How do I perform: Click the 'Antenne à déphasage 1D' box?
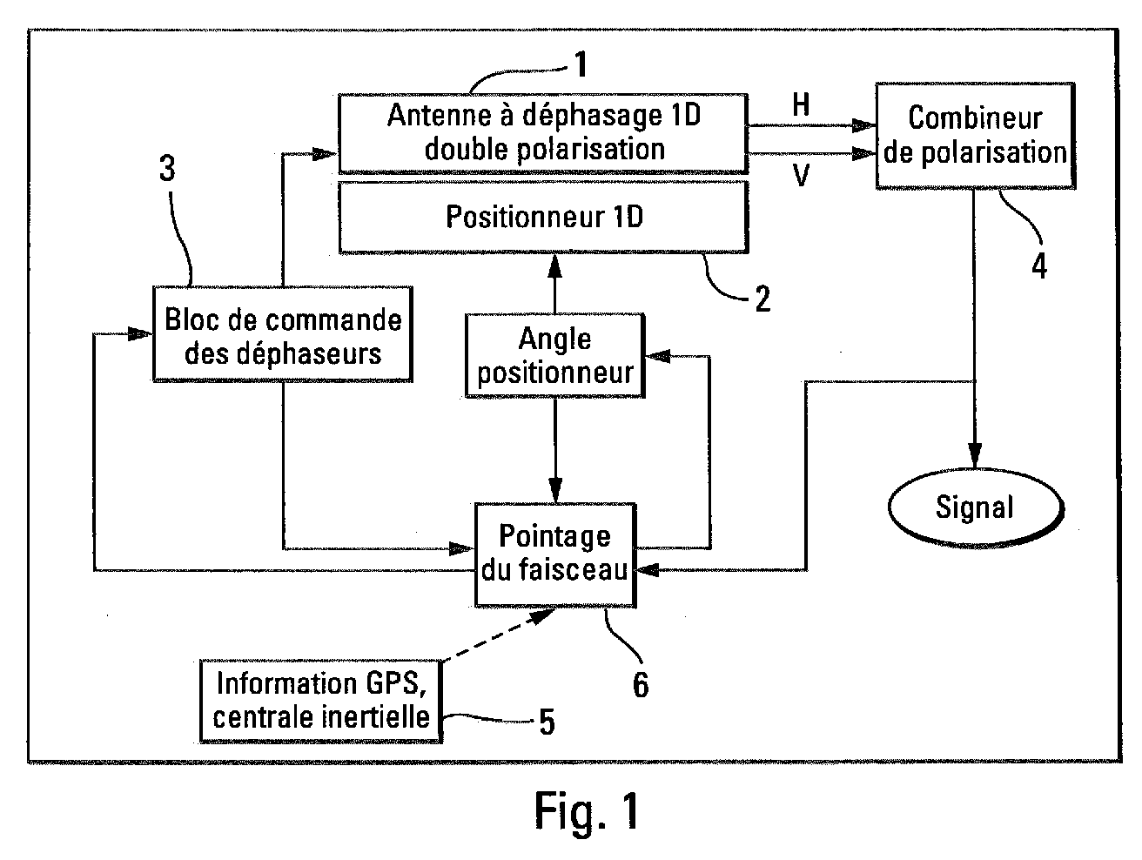[542, 133]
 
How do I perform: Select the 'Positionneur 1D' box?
[542, 217]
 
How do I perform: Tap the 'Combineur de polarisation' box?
[975, 135]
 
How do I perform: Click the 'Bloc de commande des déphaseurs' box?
[283, 334]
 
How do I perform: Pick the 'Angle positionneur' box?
[554, 356]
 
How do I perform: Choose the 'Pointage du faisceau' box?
[554, 554]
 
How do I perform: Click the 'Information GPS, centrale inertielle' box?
[321, 702]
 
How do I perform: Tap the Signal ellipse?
[975, 507]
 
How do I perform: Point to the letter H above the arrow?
[801, 104]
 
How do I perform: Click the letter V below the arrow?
[801, 175]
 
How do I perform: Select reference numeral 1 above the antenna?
[581, 64]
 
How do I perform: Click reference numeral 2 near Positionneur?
[762, 299]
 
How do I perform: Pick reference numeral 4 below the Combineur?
[1039, 265]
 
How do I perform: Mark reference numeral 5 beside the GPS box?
[547, 722]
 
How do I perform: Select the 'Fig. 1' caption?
[587, 810]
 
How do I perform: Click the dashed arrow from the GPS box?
[498, 635]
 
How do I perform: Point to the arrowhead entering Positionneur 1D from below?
[554, 266]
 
